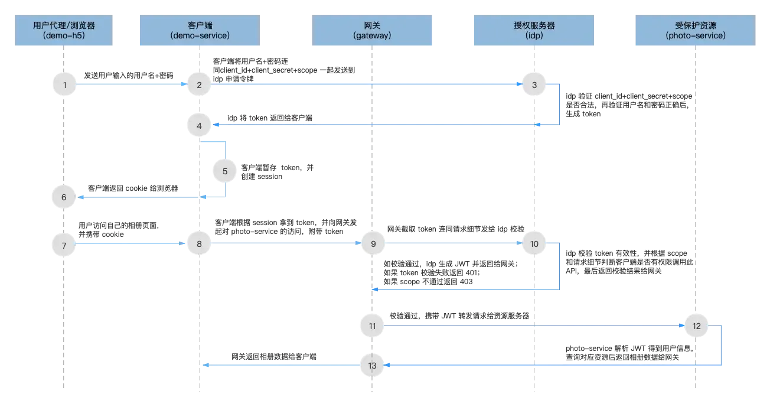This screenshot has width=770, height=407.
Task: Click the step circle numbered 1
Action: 64,85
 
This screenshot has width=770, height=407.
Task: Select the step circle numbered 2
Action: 199,85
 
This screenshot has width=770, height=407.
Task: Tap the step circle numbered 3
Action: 534,85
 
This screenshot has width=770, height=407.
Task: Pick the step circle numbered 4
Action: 199,125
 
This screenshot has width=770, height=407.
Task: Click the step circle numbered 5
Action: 225,171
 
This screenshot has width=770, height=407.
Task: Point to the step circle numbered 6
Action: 64,197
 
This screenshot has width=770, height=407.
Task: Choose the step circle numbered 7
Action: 64,243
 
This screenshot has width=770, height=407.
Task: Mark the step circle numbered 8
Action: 199,243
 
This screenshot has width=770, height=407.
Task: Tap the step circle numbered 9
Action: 373,243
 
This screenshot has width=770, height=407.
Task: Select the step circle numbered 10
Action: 534,243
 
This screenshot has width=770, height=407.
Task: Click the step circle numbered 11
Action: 373,325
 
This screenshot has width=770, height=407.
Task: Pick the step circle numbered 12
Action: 696,325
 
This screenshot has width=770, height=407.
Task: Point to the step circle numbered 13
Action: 373,366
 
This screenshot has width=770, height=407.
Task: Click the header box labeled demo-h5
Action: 64,31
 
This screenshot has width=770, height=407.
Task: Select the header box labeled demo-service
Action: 199,31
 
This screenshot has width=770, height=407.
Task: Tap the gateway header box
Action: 373,31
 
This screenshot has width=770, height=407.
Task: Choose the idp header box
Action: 534,31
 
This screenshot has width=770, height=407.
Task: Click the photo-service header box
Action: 695,31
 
